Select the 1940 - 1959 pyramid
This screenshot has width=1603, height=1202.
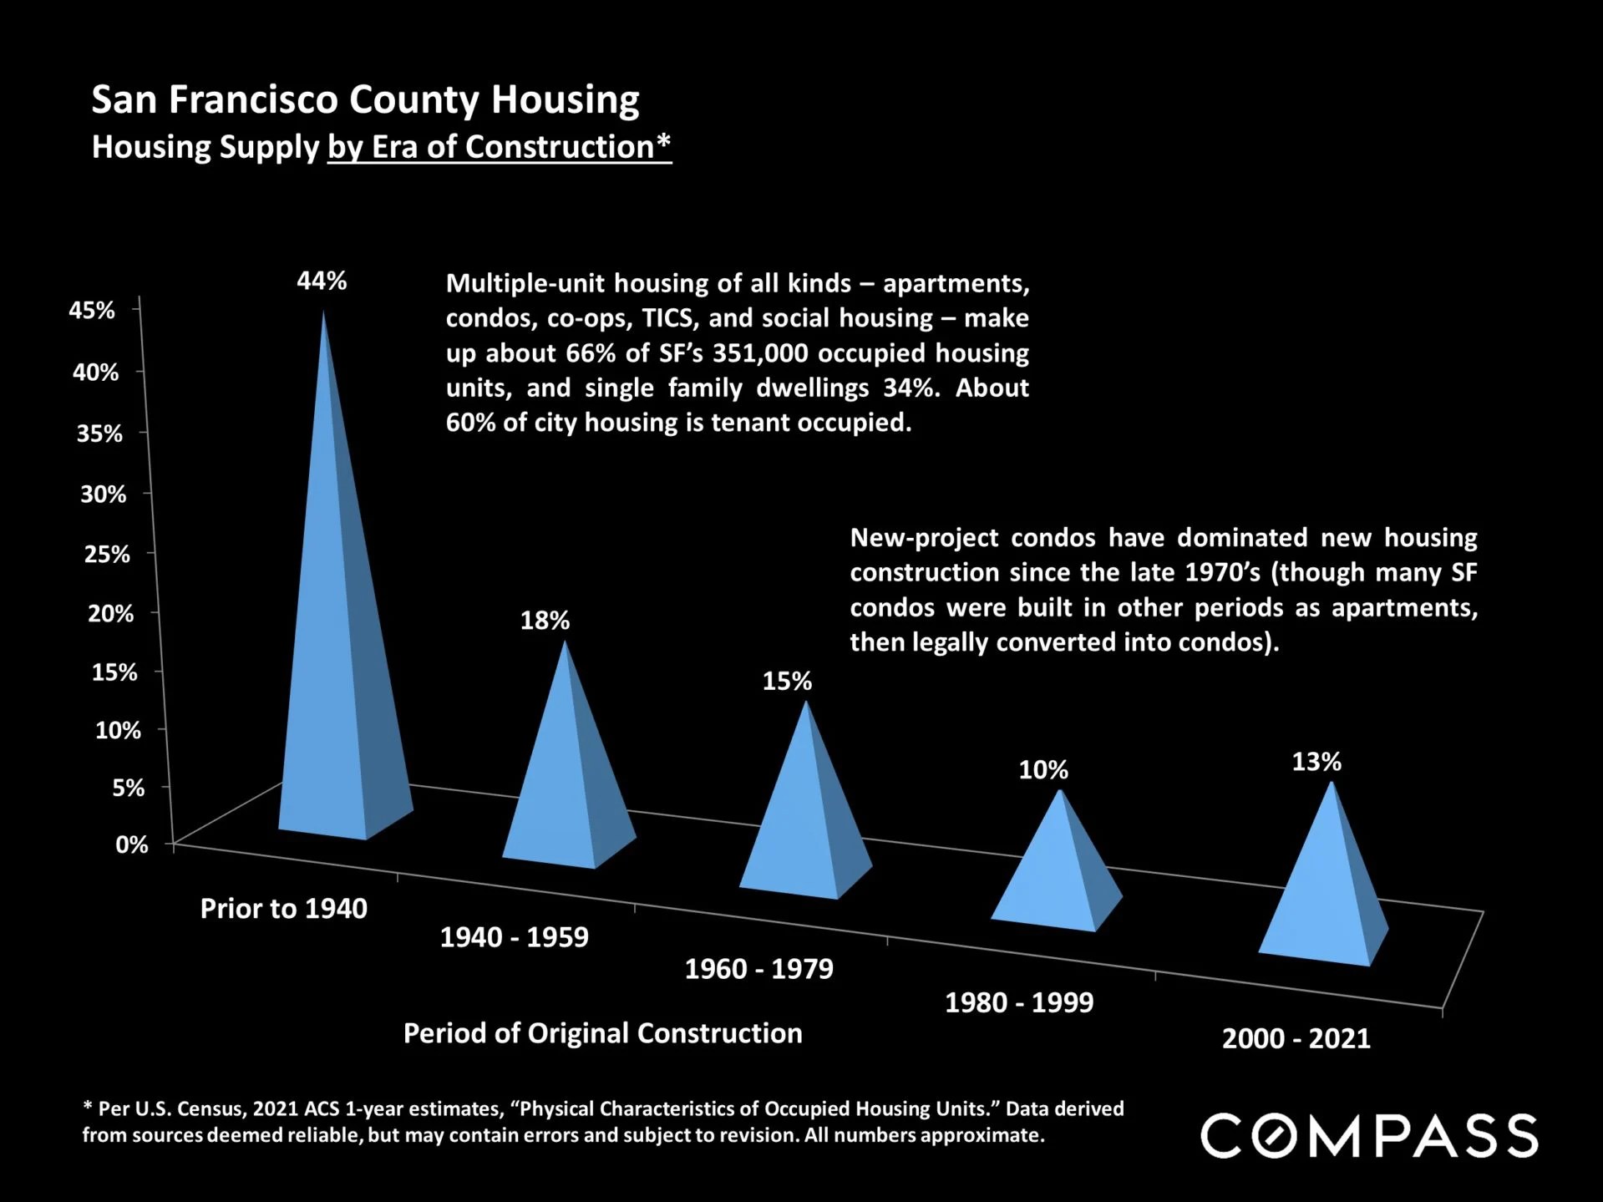pos(568,785)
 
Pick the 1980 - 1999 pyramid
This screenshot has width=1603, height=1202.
pos(1058,877)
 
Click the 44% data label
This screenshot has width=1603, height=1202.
pos(322,281)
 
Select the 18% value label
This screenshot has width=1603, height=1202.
pos(545,621)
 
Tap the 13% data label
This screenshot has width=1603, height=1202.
pos(1316,762)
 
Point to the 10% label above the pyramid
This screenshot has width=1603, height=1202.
pos(1043,769)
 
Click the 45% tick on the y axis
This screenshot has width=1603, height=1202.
pos(92,310)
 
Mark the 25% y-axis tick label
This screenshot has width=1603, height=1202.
pos(107,554)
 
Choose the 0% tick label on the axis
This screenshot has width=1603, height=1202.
pos(131,844)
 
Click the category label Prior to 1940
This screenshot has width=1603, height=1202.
pos(283,909)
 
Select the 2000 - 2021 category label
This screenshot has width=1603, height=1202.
pos(1296,1038)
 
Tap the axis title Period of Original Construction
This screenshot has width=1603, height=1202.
pos(602,1033)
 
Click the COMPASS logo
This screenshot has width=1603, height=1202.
pos(1369,1136)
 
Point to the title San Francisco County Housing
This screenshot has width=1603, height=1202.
pos(365,99)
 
